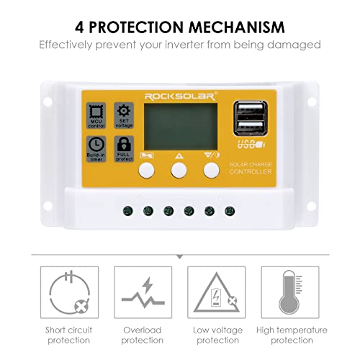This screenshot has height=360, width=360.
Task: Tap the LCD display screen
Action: pyautogui.click(x=179, y=130)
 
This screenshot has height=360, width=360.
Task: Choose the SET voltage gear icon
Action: pyautogui.click(x=124, y=113)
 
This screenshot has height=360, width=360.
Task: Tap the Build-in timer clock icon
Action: pyautogui.click(x=96, y=145)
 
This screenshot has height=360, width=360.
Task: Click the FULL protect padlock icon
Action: pyautogui.click(x=124, y=145)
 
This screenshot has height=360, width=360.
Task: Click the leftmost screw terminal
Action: pyautogui.click(x=127, y=211)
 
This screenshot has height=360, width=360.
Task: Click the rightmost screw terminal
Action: pyautogui.click(x=230, y=211)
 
